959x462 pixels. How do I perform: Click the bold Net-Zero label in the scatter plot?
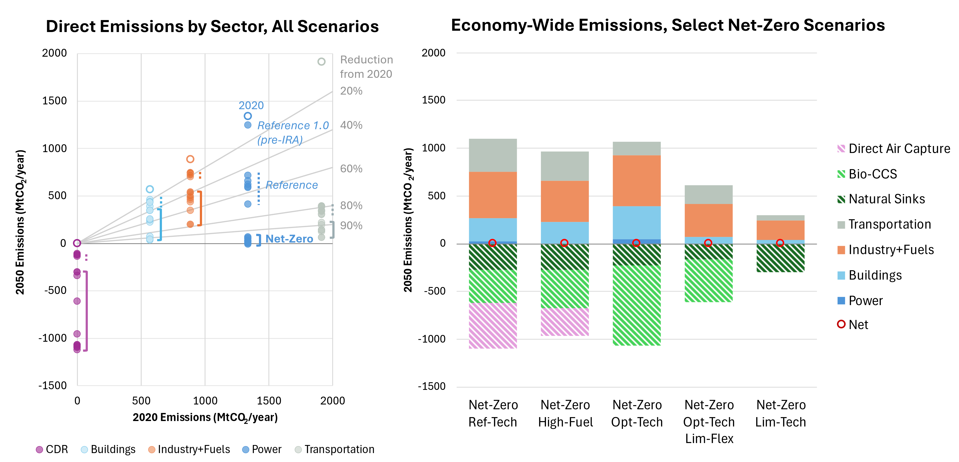pos(289,239)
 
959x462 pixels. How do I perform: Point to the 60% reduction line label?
pos(351,169)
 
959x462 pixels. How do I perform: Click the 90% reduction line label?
pos(351,226)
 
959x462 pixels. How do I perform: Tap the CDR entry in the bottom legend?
pos(52,449)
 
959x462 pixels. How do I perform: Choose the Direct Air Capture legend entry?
pos(893,149)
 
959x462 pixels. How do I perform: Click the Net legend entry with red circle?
pos(852,325)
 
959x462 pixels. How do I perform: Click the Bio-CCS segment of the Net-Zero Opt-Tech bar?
pos(637,305)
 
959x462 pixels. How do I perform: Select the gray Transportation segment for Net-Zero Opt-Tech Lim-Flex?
pos(708,194)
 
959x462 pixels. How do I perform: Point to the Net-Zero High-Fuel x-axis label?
pos(565,413)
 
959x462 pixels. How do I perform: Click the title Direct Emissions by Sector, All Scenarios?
pos(212,26)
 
